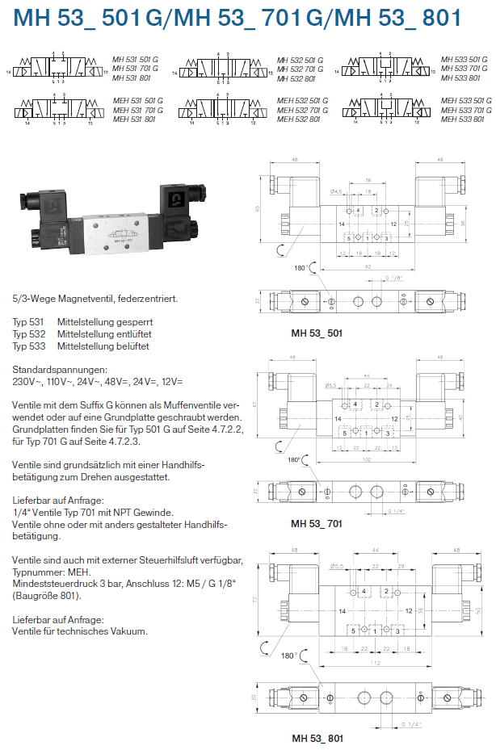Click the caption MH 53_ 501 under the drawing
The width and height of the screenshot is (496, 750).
click(x=317, y=331)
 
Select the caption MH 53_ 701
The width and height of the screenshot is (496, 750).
click(x=317, y=523)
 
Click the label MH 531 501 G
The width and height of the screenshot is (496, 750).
click(x=136, y=60)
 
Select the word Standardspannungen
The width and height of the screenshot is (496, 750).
click(x=53, y=370)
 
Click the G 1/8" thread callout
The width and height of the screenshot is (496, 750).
click(x=395, y=279)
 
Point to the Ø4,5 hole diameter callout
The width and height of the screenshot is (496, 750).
click(x=337, y=191)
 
